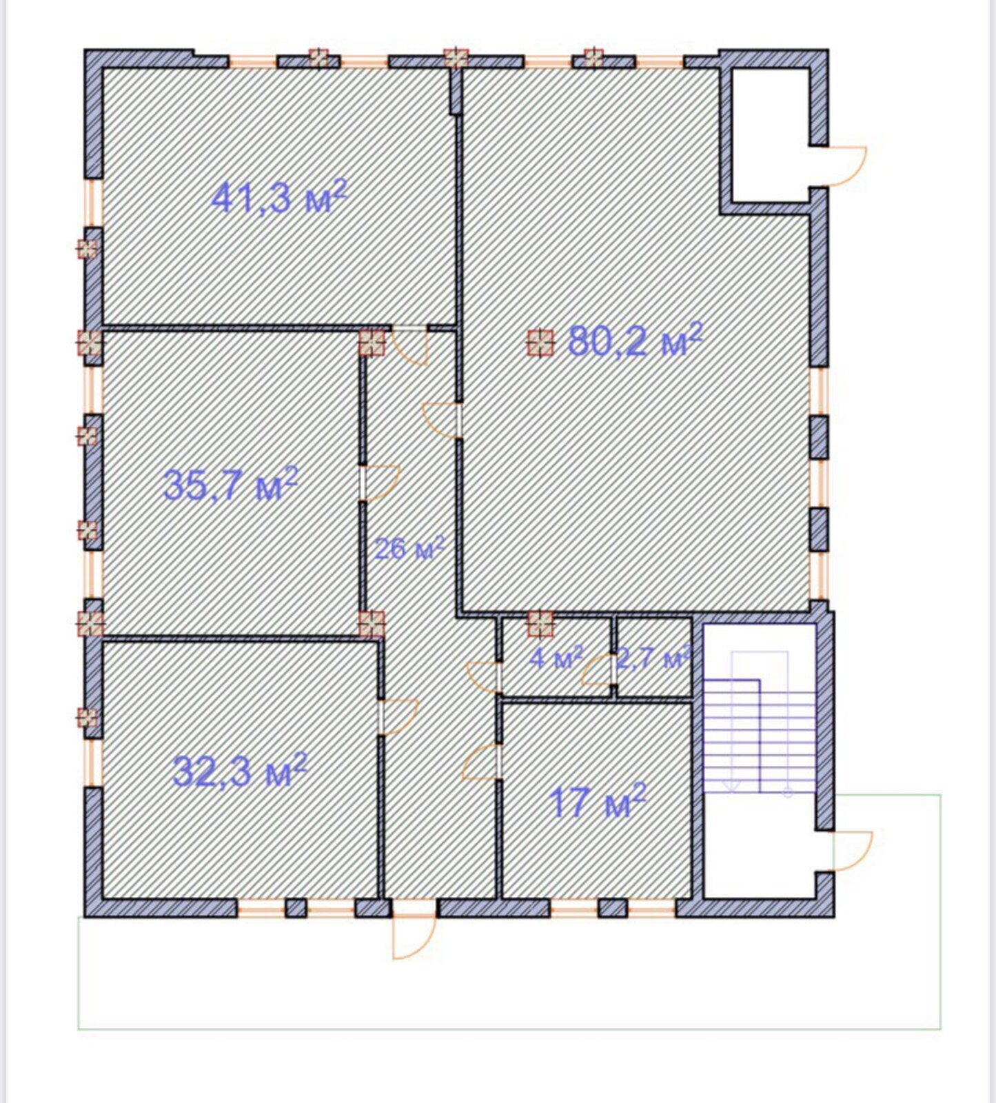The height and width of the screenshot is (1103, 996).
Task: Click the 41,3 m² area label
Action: click(278, 198)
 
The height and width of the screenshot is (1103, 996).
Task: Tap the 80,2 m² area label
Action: click(636, 340)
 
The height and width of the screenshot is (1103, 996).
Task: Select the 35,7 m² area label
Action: click(230, 484)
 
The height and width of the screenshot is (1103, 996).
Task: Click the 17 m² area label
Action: click(598, 801)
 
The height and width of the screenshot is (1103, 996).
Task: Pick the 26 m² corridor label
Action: click(409, 549)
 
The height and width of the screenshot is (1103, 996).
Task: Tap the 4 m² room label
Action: click(557, 658)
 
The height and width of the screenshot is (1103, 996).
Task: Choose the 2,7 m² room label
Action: click(653, 658)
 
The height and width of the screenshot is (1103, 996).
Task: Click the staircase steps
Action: click(759, 735)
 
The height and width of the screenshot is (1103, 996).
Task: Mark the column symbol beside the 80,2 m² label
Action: click(540, 342)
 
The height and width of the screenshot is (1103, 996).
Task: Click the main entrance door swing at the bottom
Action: click(414, 938)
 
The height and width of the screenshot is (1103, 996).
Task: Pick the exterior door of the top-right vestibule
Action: click(847, 165)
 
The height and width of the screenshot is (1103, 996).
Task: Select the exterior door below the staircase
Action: click(853, 851)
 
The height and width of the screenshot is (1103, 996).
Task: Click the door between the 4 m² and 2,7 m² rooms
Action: click(598, 669)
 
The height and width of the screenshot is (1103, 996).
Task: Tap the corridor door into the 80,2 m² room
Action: click(440, 421)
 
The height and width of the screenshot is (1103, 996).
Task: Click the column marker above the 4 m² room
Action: click(540, 623)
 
